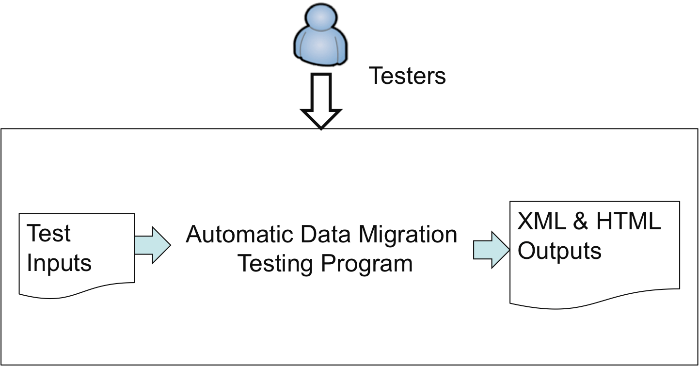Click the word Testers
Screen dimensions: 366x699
click(x=407, y=76)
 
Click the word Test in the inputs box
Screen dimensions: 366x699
click(x=48, y=233)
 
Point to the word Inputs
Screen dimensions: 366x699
click(x=59, y=263)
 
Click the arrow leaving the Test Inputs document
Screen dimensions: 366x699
click(x=152, y=245)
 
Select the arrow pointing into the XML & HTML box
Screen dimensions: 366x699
click(x=491, y=250)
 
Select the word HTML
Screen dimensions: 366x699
click(x=628, y=222)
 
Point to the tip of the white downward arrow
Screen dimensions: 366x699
click(x=321, y=128)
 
